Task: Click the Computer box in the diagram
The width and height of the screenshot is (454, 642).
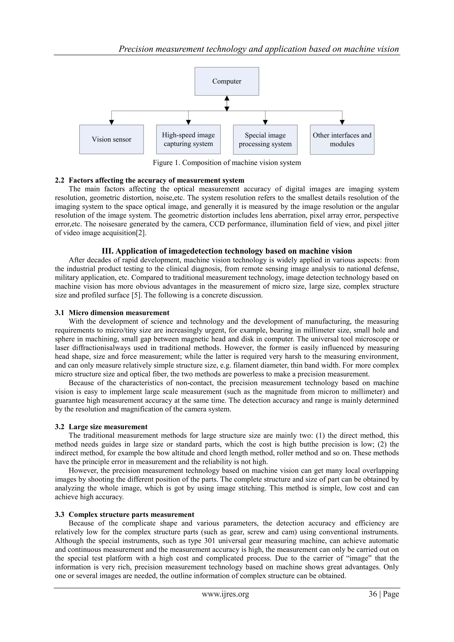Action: pyautogui.click(x=227, y=81)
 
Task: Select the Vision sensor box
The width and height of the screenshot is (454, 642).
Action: pyautogui.click(x=112, y=139)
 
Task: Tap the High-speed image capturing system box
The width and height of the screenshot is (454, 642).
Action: pyautogui.click(x=188, y=139)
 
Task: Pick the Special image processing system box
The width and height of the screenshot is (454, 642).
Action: pyautogui.click(x=265, y=139)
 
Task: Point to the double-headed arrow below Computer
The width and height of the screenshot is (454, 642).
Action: pyautogui.click(x=227, y=104)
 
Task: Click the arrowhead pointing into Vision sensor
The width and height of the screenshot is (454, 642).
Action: pyautogui.click(x=112, y=122)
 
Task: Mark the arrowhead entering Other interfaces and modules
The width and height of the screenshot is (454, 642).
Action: pyautogui.click(x=342, y=122)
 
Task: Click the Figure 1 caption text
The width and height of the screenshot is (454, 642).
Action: pyautogui.click(x=227, y=163)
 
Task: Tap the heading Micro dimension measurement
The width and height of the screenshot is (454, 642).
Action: pyautogui.click(x=119, y=313)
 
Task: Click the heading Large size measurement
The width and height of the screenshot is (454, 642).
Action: pyautogui.click(x=108, y=427)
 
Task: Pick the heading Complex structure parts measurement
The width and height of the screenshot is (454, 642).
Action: pyautogui.click(x=131, y=514)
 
